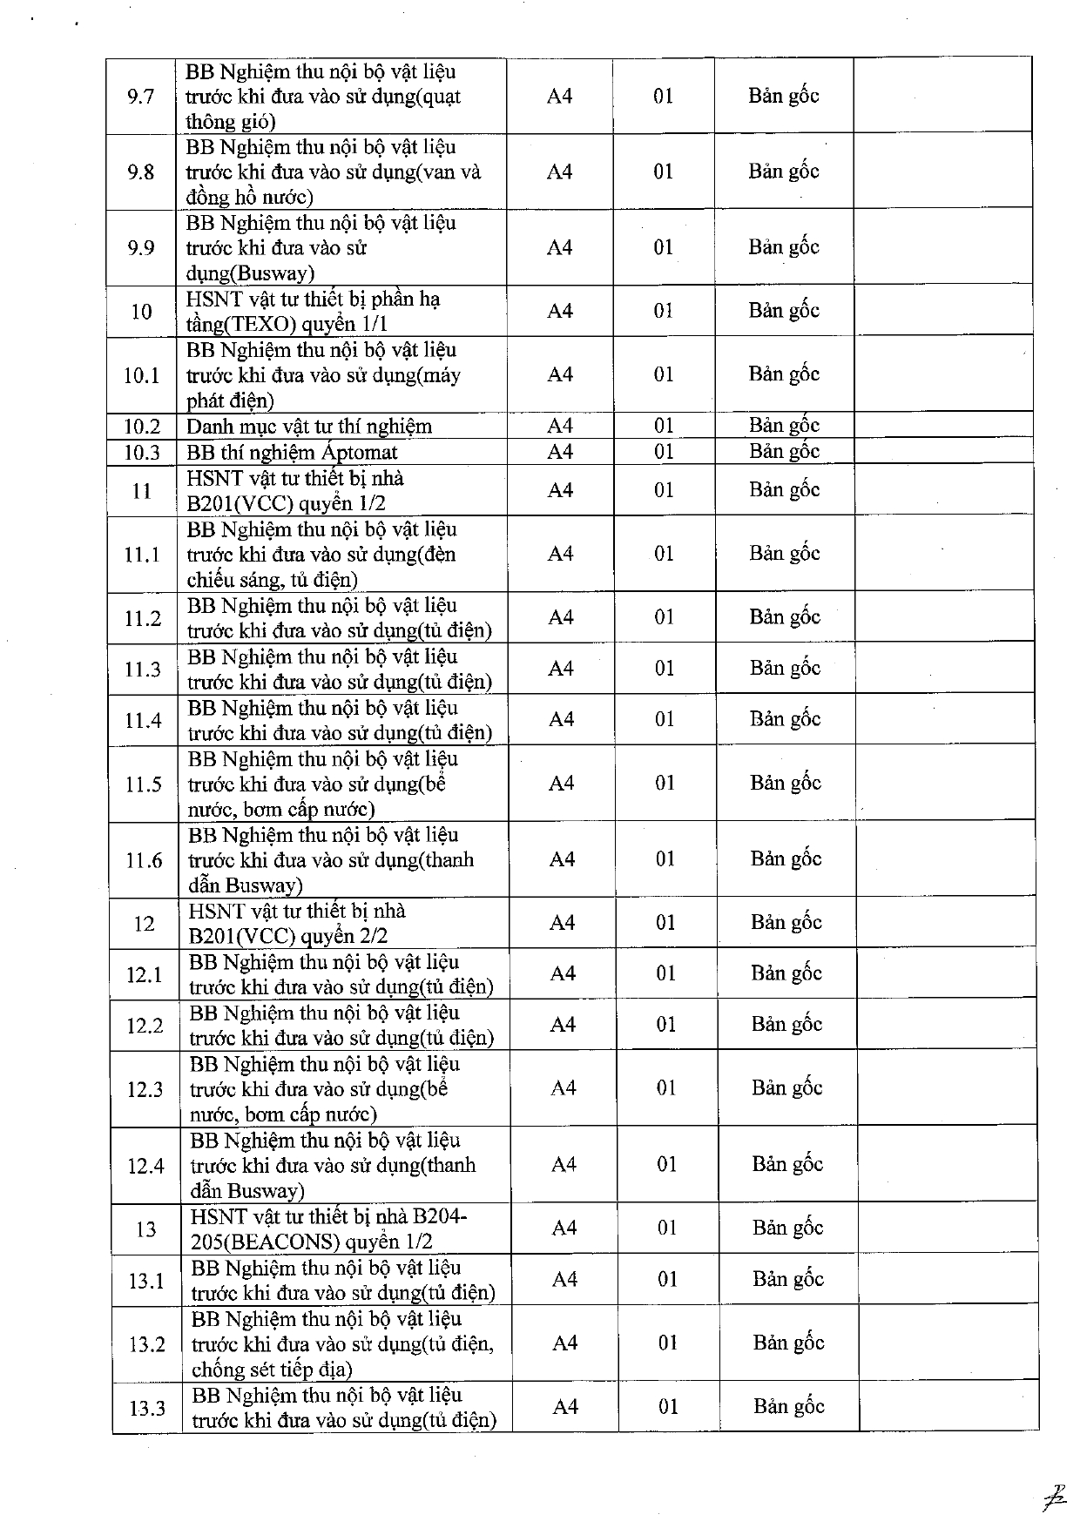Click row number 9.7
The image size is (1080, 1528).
pos(140,96)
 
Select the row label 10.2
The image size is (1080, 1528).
pos(142,426)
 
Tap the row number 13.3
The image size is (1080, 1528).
pos(146,1408)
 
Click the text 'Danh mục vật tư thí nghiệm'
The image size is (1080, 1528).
pos(309,426)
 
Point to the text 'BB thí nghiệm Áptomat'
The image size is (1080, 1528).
pos(292,452)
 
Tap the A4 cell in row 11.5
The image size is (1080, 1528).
pos(562,784)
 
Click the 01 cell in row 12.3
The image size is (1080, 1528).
pos(666,1088)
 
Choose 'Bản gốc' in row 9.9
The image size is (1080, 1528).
pos(784,247)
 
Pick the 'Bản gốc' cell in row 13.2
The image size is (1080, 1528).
pos(788,1343)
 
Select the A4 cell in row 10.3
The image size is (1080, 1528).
pos(560,451)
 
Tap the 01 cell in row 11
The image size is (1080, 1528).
pos(665,490)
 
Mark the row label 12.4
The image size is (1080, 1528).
pos(145,1165)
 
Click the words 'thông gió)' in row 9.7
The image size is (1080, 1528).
pos(230,122)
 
